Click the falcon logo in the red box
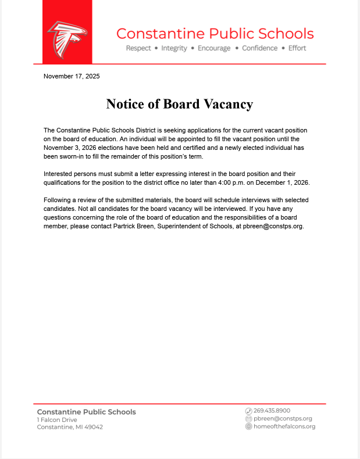point(67,40)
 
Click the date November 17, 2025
point(72,76)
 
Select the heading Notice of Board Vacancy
point(179,104)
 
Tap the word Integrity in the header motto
point(174,48)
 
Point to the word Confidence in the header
point(260,48)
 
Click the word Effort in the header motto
point(297,48)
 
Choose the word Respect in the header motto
point(138,48)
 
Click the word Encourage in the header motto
point(214,48)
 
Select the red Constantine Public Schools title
point(215,33)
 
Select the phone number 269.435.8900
point(272,410)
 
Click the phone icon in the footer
point(248,410)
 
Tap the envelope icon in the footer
point(248,418)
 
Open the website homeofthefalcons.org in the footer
point(284,426)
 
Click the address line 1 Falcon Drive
point(57,419)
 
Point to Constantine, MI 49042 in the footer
point(70,427)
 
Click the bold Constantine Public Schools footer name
point(86,411)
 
